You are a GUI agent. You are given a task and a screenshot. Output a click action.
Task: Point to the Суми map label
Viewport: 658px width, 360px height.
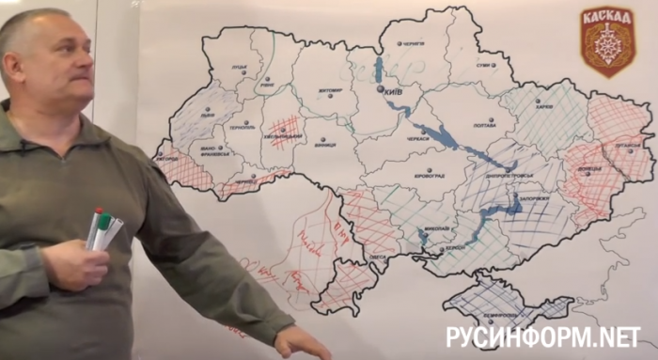[x=483, y=66]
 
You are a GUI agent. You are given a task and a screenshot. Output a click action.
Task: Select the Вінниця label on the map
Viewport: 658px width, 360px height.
[x=324, y=146]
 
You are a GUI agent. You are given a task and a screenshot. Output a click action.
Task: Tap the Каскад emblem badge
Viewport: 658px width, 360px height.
[x=607, y=40]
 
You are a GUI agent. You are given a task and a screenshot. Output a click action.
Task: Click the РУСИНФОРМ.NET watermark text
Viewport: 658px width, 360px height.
[x=543, y=337]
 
